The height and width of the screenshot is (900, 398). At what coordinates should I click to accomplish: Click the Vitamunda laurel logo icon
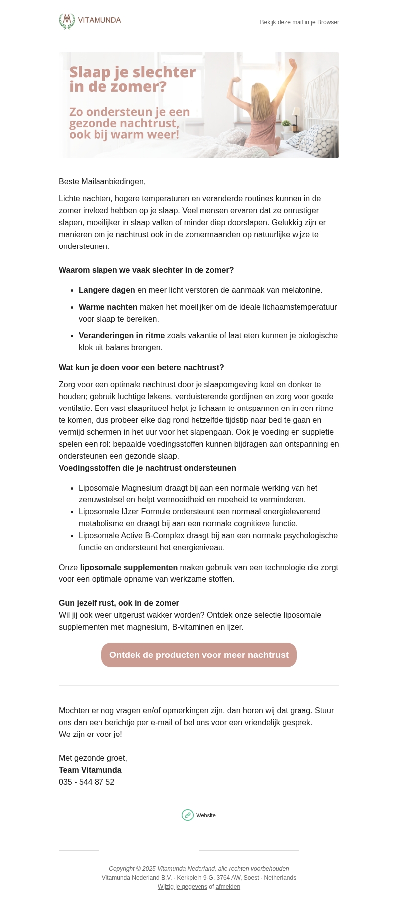[x=67, y=21]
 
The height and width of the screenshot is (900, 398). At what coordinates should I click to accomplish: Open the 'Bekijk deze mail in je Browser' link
[x=299, y=22]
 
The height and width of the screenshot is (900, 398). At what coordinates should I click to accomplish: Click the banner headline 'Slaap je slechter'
[x=132, y=72]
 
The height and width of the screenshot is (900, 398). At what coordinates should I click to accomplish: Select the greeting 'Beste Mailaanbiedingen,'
[x=102, y=182]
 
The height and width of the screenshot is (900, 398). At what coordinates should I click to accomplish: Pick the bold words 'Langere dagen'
[x=107, y=290]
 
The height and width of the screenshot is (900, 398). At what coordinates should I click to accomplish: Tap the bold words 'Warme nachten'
[x=108, y=307]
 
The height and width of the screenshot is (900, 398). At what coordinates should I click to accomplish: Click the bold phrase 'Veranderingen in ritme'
[x=121, y=336]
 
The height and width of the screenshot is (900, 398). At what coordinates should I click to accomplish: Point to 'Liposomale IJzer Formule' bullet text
[x=125, y=512]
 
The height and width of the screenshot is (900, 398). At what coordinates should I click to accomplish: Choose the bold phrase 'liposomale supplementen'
[x=129, y=568]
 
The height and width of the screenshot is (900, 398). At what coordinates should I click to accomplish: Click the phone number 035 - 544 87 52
[x=87, y=782]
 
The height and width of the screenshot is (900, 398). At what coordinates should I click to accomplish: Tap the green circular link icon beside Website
[x=188, y=815]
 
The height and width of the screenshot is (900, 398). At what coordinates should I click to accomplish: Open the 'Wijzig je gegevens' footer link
[x=183, y=887]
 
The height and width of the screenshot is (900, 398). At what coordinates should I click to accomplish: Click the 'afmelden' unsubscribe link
[x=228, y=887]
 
